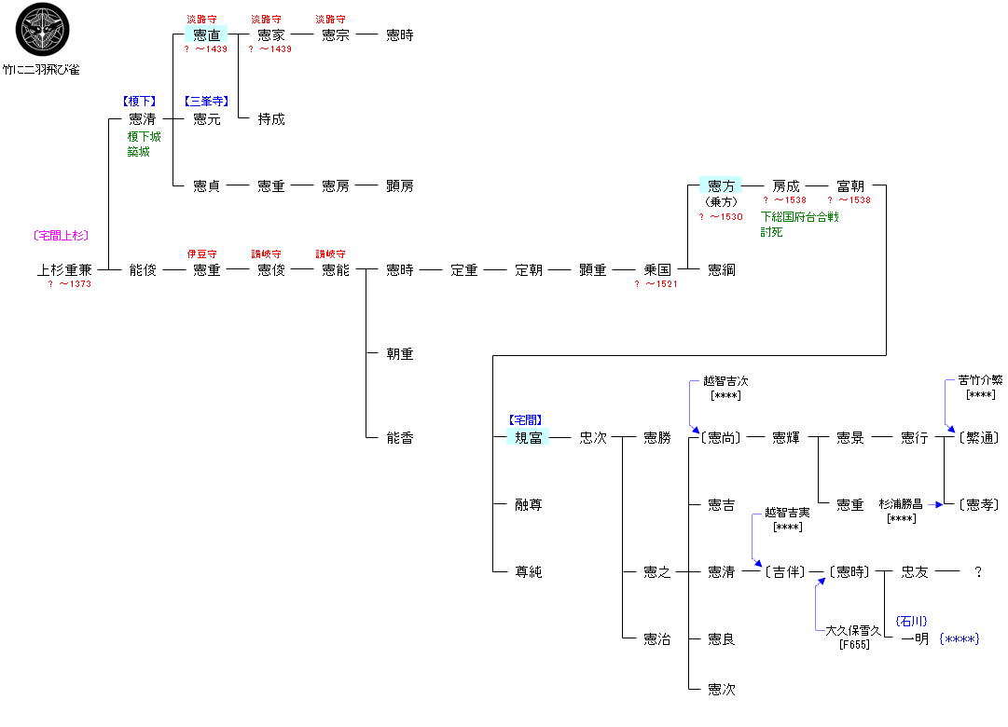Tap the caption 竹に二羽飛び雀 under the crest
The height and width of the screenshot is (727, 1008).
coord(42,69)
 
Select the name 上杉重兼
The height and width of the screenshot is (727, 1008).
coord(64,270)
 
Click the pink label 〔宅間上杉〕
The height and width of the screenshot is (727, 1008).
coord(61,236)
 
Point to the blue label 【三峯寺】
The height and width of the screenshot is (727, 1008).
coord(206,102)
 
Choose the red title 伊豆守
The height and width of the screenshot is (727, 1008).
coord(202,254)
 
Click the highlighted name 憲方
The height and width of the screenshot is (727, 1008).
coord(721,186)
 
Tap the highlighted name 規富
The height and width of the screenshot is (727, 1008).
coord(528,438)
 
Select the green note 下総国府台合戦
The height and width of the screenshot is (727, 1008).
coord(799,217)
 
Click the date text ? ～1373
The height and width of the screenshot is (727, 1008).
coord(70,284)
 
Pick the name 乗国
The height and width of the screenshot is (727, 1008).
coord(657,270)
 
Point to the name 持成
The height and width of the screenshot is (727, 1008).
coord(270,119)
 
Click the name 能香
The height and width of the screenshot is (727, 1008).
coord(400,438)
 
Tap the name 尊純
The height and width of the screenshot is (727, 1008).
coord(528,572)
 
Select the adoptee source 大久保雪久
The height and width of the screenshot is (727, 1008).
coord(854,631)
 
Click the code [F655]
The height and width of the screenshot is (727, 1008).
coord(854,644)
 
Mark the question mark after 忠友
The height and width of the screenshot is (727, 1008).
coord(977,572)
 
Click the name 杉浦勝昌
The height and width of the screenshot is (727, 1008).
coord(901,504)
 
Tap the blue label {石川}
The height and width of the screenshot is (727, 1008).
coord(910,621)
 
